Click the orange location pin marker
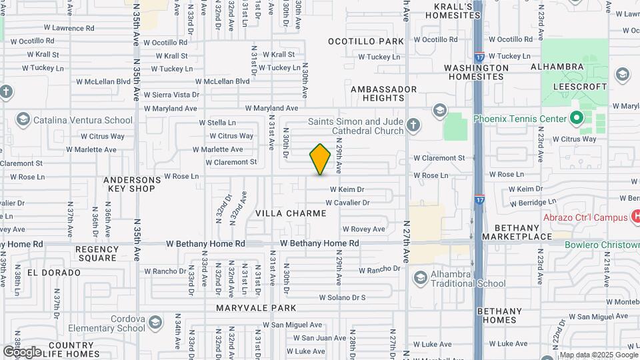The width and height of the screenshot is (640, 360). click(x=320, y=159)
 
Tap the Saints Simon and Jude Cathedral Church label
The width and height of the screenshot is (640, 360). click(x=356, y=126)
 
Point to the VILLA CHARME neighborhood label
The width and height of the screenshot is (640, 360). click(x=291, y=213)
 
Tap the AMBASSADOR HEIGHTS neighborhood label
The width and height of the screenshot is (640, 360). click(x=383, y=93)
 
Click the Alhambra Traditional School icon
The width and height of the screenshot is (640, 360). click(x=420, y=277)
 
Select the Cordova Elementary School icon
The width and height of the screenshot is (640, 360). click(x=155, y=323)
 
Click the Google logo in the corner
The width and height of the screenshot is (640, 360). click(x=22, y=351)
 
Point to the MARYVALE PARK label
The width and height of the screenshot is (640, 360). click(x=256, y=308)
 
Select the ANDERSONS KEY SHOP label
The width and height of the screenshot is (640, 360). click(x=132, y=184)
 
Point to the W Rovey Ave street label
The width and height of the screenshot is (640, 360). click(x=363, y=229)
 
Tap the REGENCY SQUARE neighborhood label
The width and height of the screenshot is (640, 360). click(x=97, y=253)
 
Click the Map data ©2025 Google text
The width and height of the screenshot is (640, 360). click(x=598, y=355)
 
